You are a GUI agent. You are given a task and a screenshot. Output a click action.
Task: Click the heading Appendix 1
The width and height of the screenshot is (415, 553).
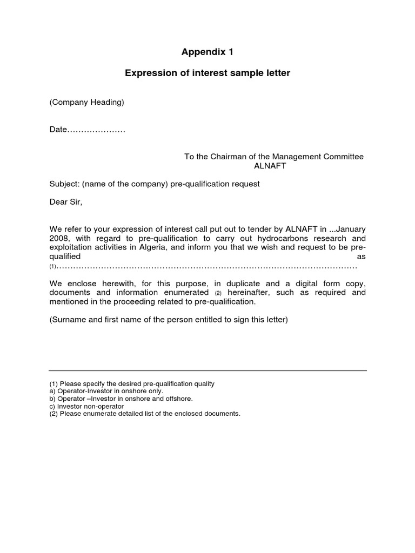207,52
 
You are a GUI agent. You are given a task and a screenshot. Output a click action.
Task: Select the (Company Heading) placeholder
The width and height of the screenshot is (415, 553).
86,102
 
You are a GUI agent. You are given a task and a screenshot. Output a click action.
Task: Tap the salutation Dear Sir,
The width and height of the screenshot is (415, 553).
66,202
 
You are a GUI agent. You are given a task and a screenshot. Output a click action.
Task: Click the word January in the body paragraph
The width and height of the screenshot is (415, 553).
351,229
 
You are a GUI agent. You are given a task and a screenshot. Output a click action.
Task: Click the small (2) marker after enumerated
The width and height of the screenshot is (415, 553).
218,293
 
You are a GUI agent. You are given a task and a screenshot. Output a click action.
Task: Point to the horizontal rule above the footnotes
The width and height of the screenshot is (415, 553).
207,371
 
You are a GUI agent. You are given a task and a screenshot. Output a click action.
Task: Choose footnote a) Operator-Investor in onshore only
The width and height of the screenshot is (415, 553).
106,391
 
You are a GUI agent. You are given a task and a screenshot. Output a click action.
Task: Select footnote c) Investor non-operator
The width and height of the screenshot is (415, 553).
86,406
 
